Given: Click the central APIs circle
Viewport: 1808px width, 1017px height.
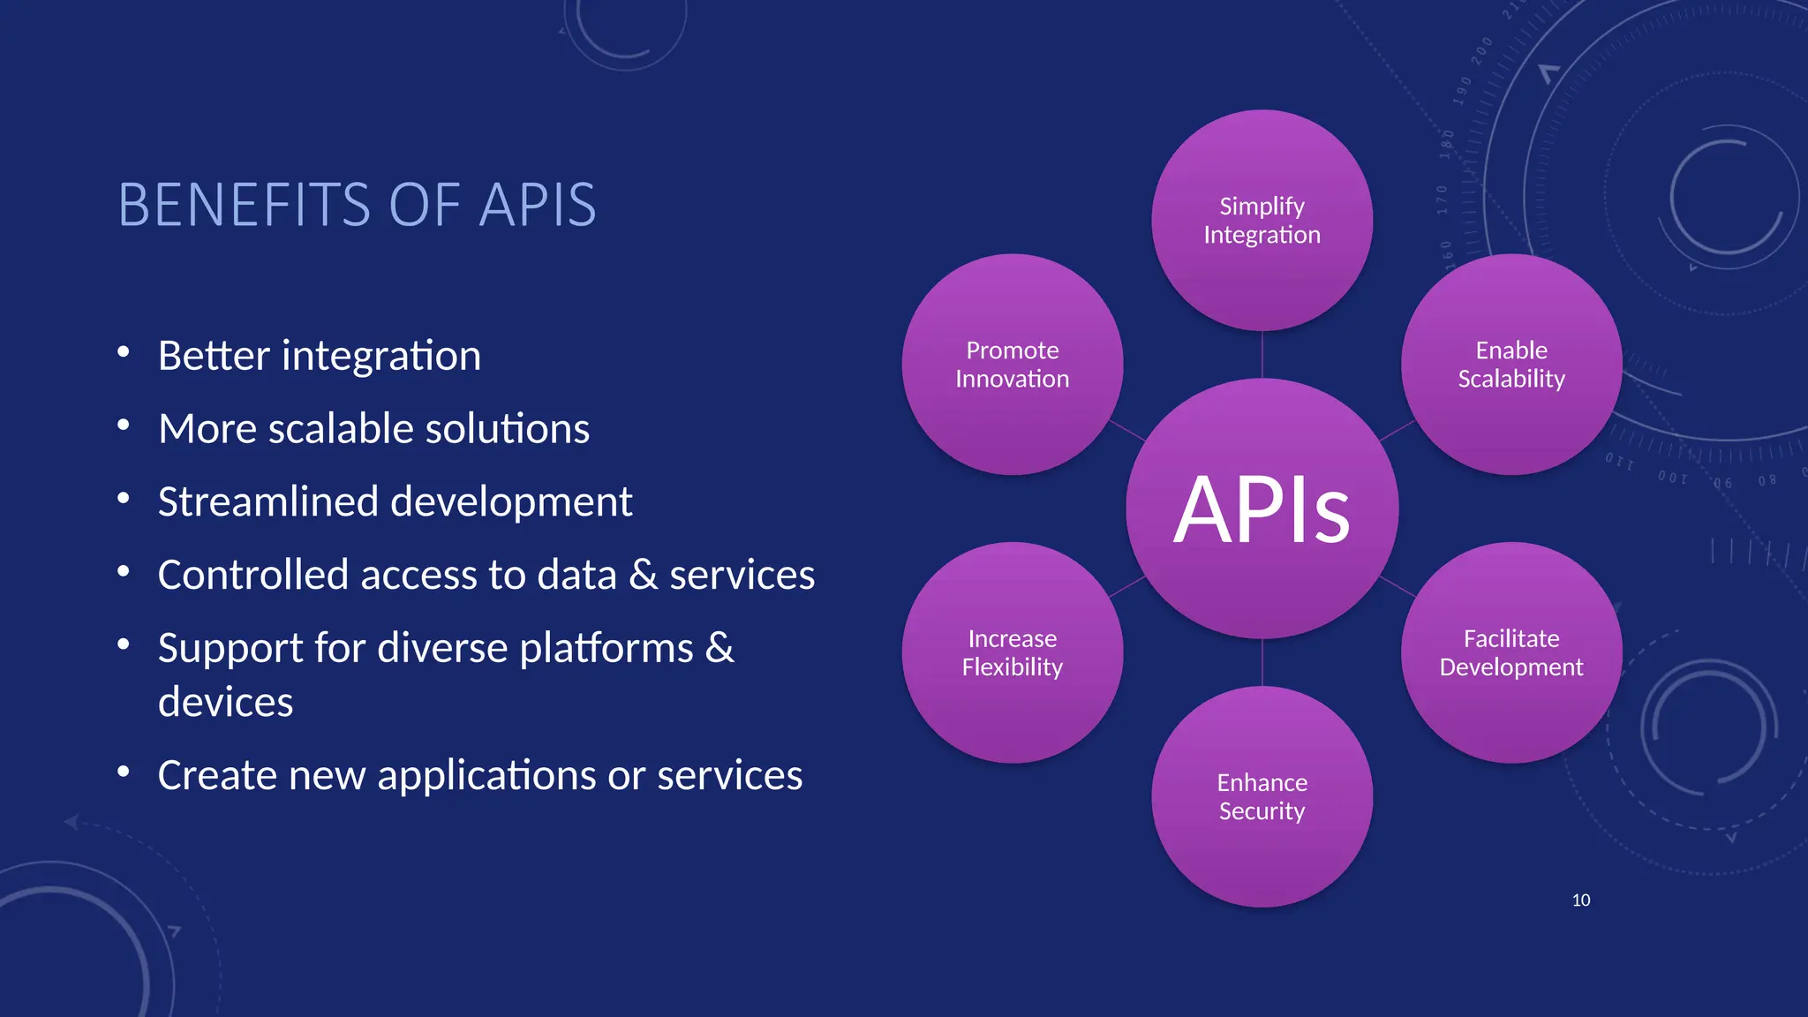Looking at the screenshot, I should click(1262, 508).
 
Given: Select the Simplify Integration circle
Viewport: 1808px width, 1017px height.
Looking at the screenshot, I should click(1262, 220).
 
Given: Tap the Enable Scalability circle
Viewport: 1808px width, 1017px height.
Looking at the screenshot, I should click(1511, 364).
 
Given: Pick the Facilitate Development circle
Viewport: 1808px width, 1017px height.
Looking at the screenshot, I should click(1511, 652).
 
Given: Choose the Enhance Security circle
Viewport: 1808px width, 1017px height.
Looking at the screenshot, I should click(1262, 796).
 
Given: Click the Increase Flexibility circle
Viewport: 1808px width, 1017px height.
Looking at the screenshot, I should click(1012, 652).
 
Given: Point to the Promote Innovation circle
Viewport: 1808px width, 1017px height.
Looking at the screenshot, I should click(1012, 364).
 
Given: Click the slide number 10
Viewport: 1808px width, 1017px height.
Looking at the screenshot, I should click(1580, 900).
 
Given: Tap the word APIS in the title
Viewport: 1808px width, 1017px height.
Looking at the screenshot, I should click(537, 205).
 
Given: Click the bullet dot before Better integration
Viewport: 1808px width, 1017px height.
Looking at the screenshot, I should click(124, 353).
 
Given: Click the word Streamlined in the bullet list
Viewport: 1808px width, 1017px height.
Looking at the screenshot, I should click(268, 502).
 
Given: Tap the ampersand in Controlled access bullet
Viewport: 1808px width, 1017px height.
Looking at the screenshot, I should click(643, 575).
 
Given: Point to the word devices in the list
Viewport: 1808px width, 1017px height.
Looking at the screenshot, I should click(225, 703).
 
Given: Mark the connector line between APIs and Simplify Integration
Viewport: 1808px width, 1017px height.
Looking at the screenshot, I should click(1262, 355).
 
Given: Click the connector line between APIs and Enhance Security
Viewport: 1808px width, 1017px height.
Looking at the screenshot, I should click(1262, 662).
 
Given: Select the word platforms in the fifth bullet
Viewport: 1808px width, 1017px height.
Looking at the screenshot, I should click(606, 649).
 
